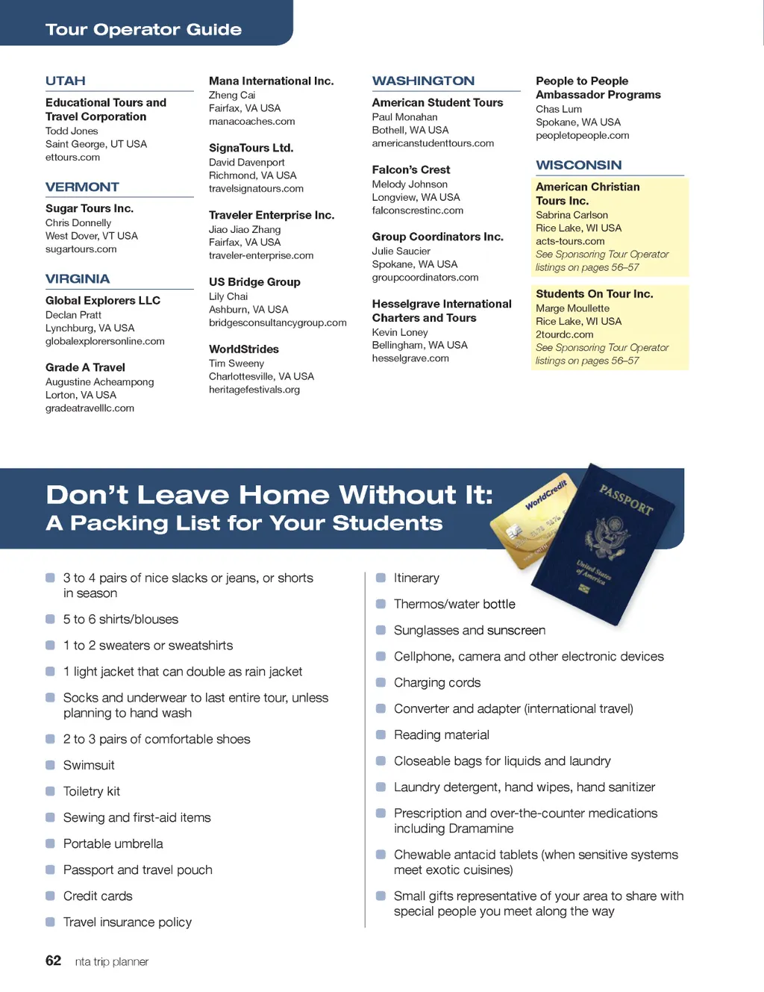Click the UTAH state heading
pyautogui.click(x=66, y=81)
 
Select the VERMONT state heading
pyautogui.click(x=82, y=187)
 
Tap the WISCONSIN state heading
pyautogui.click(x=578, y=165)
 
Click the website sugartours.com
pyautogui.click(x=81, y=249)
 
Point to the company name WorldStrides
pyautogui.click(x=244, y=349)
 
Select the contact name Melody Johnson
pyautogui.click(x=410, y=184)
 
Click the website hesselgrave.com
pyautogui.click(x=410, y=358)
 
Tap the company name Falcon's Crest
pyautogui.click(x=411, y=169)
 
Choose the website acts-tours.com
pyautogui.click(x=570, y=241)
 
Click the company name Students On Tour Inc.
pyautogui.click(x=594, y=294)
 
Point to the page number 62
pyautogui.click(x=53, y=961)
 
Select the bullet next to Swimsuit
pyautogui.click(x=50, y=765)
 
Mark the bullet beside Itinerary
pyautogui.click(x=381, y=578)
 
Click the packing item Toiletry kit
pyautogui.click(x=91, y=791)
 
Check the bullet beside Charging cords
pyautogui.click(x=381, y=682)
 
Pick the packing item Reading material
pyautogui.click(x=441, y=735)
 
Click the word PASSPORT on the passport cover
pyautogui.click(x=626, y=499)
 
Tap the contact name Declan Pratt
pyautogui.click(x=73, y=315)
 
